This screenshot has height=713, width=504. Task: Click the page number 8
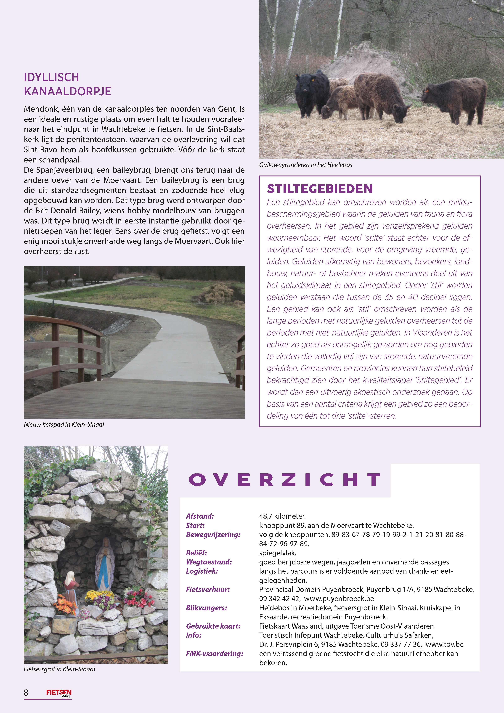[x=26, y=692]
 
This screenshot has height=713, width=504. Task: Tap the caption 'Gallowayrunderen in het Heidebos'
[x=306, y=165]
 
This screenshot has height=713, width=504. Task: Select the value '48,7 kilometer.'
[x=282, y=516]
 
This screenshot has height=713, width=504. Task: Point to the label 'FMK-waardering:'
[x=214, y=653]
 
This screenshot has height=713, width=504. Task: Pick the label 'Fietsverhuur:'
[x=208, y=589]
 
